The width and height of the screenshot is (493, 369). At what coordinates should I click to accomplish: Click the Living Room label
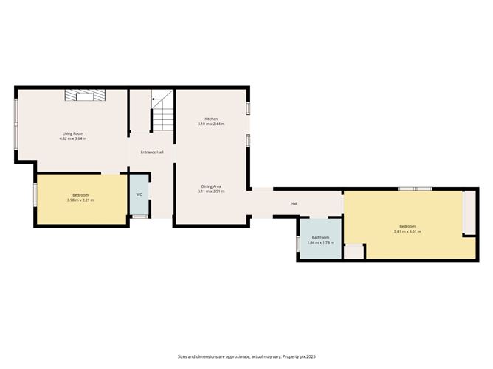point(73,133)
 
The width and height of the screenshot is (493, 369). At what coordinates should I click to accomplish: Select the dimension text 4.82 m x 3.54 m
point(73,138)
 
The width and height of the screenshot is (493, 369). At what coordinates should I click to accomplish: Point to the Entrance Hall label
point(152,152)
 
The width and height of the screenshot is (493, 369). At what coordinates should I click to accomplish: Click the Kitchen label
point(211,119)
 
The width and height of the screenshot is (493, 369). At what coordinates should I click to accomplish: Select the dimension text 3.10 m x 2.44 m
point(211,124)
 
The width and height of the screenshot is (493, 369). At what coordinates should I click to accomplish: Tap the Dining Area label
point(211,186)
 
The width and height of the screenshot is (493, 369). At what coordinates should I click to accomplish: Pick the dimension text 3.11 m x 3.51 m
point(211,191)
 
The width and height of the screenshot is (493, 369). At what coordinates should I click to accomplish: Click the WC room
point(139,194)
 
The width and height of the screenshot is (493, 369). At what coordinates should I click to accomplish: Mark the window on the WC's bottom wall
point(139,217)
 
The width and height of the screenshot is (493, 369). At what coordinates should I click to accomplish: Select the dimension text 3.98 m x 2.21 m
point(80,200)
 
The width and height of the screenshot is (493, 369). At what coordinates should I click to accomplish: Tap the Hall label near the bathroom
point(294,203)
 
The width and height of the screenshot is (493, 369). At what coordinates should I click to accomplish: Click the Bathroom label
point(320,237)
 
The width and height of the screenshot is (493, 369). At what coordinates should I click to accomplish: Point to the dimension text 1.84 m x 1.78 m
point(320,242)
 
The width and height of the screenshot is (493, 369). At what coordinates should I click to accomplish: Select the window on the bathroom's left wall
point(298,243)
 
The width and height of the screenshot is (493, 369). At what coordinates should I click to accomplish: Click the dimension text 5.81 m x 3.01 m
point(407,231)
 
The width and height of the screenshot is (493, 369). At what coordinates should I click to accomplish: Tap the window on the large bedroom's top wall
point(416,189)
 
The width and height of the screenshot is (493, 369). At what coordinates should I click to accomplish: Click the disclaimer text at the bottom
point(246,356)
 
